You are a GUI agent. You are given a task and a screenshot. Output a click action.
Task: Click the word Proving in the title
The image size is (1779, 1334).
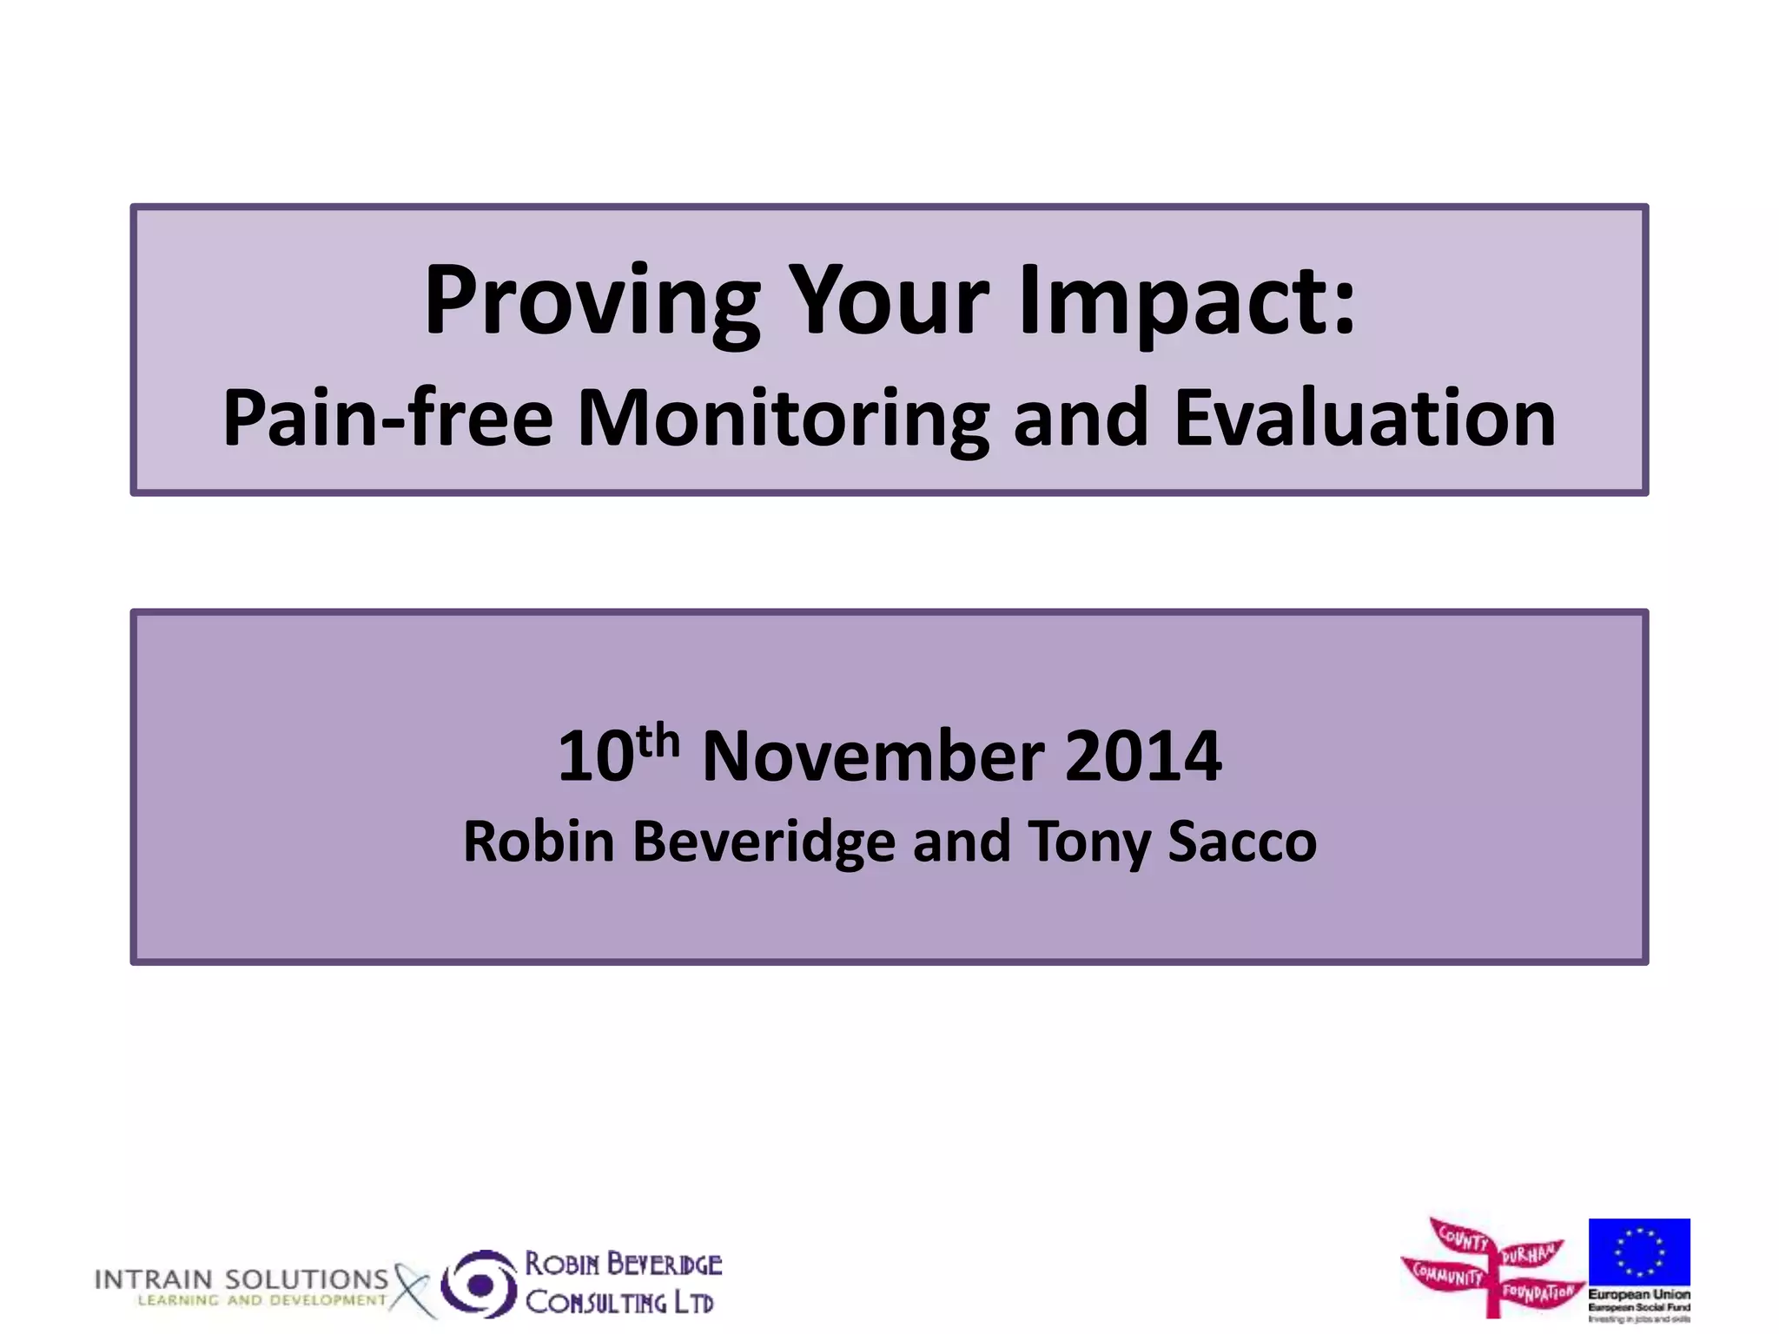[x=592, y=301]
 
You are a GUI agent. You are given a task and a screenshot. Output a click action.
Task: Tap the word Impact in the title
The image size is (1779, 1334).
[x=1187, y=301]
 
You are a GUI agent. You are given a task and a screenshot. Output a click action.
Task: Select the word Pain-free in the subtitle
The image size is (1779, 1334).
[x=387, y=419]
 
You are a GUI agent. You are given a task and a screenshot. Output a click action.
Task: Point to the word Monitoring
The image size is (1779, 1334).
[x=783, y=419]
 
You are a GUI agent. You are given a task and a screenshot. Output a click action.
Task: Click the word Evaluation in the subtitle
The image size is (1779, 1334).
[x=1365, y=419]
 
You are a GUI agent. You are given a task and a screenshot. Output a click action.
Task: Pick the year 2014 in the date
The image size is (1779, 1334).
[x=1142, y=756]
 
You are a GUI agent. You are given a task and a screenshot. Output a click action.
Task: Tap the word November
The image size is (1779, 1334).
[x=872, y=756]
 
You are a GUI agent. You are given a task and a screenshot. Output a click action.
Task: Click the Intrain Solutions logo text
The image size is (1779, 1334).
[x=241, y=1279]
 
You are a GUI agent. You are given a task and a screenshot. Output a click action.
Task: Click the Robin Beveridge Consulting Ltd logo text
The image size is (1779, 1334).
[x=622, y=1284]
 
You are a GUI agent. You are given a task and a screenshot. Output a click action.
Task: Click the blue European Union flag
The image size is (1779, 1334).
[x=1639, y=1252]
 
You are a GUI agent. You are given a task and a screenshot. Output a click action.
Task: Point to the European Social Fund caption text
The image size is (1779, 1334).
[x=1639, y=1306]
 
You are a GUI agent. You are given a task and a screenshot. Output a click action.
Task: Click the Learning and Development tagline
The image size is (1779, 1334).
[x=261, y=1300]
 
